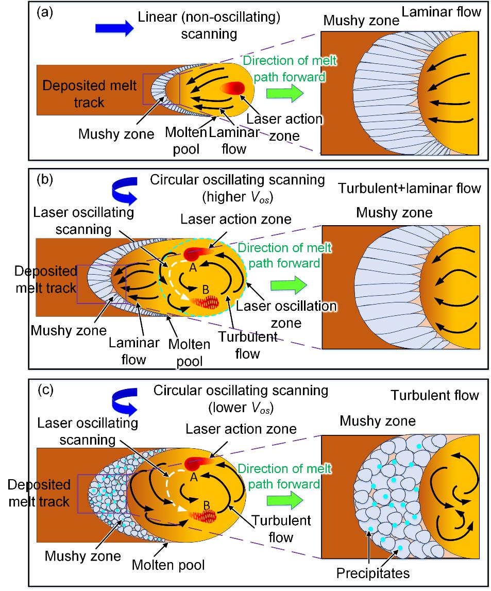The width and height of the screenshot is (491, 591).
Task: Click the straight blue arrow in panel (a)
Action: coord(114,28)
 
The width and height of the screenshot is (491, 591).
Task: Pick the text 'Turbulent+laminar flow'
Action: coord(409,188)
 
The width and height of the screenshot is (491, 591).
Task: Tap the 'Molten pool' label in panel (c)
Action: coord(168,565)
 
